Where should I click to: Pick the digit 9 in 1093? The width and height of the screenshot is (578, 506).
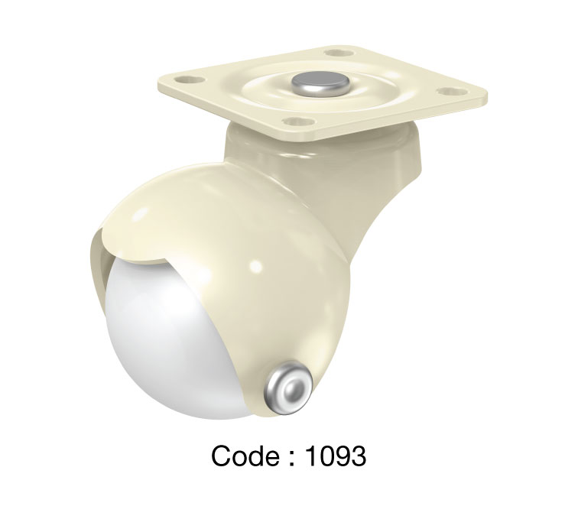(342, 456)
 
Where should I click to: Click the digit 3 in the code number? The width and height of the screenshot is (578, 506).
(358, 456)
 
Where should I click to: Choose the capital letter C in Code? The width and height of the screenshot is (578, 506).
(223, 456)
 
